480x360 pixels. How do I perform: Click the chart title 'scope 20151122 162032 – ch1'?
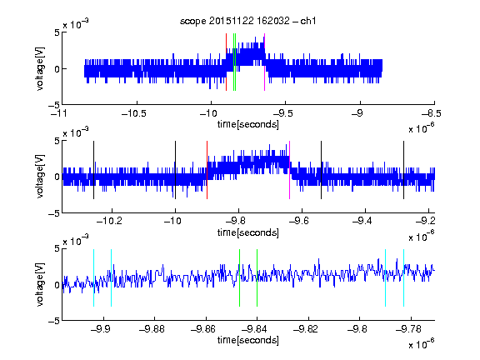[248, 21]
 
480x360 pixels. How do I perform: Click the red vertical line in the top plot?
[226, 62]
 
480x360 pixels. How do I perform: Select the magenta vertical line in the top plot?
[264, 62]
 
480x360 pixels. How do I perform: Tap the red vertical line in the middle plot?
[207, 170]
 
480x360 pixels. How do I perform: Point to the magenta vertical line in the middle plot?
[290, 170]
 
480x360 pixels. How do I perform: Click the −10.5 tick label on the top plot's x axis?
[134, 113]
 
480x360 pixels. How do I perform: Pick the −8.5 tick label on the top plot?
[432, 113]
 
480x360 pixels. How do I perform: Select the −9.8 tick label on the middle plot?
[238, 221]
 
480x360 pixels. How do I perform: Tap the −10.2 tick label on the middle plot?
[109, 221]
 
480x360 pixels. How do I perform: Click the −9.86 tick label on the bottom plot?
[203, 329]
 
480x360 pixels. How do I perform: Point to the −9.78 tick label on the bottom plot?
[408, 329]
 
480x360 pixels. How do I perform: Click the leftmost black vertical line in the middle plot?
[93, 170]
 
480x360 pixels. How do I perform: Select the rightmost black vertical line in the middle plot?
[403, 170]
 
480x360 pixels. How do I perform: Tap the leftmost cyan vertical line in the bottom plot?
[93, 278]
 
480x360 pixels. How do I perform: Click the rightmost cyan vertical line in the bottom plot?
[403, 278]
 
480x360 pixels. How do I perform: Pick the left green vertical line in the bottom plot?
[239, 278]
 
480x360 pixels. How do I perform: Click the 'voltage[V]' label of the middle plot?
[40, 177]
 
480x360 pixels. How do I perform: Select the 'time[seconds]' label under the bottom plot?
[248, 340]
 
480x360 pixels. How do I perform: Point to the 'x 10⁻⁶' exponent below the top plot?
[421, 128]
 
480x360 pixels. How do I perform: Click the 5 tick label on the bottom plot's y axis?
[57, 248]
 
